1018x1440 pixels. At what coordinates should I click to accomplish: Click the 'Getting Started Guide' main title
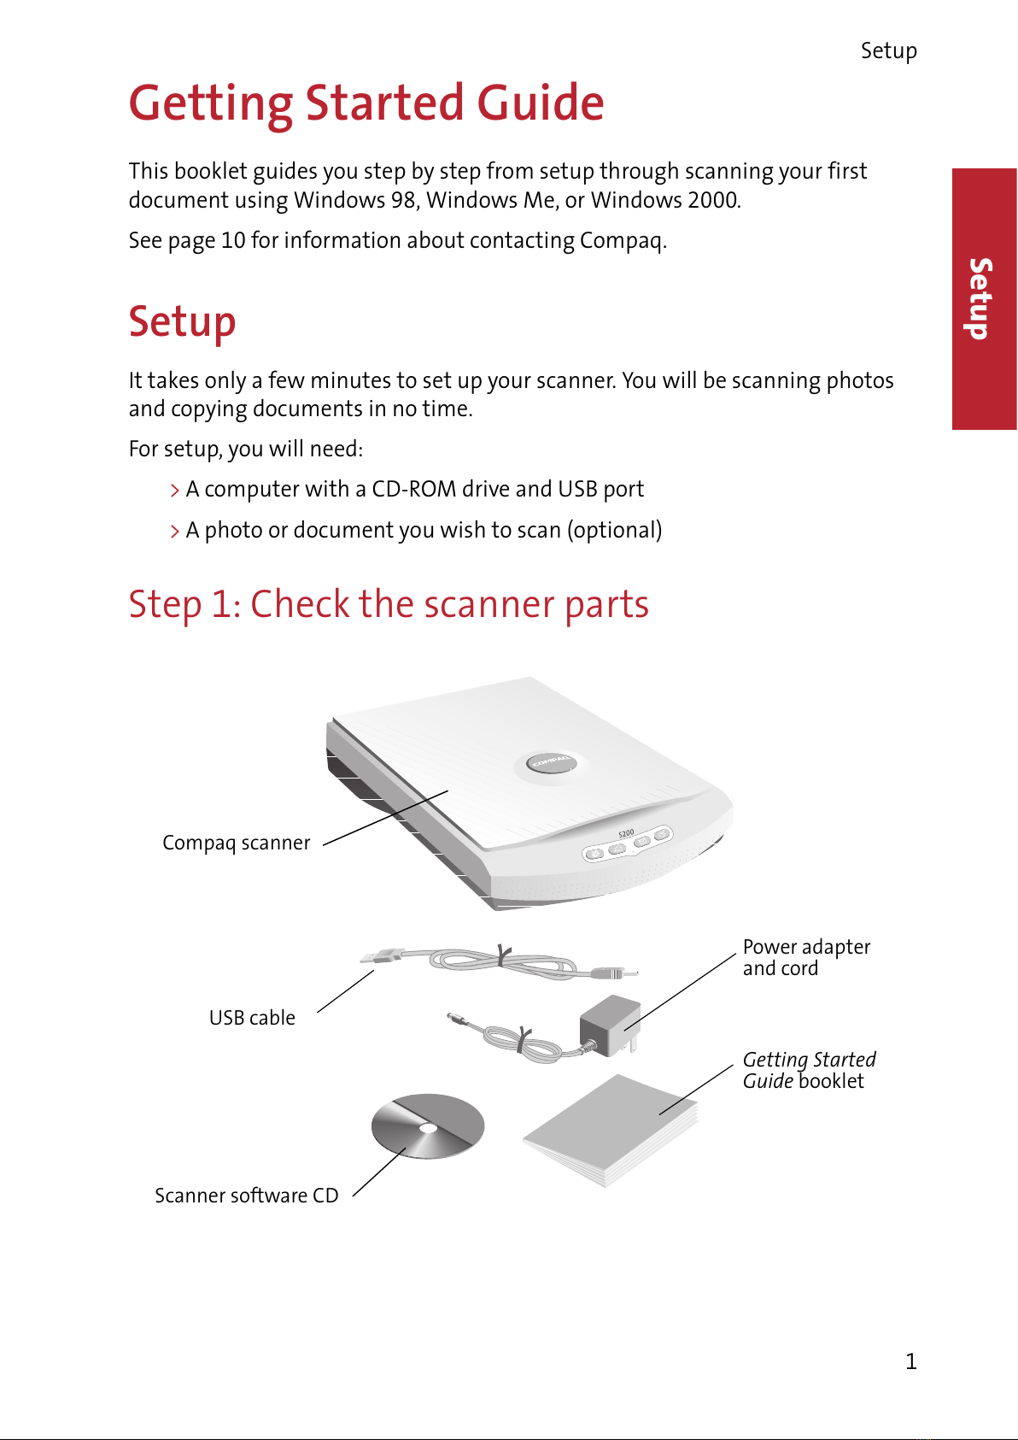(x=366, y=103)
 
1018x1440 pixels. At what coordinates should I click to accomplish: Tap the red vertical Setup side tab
(x=984, y=298)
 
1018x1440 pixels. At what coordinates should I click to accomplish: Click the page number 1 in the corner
(x=911, y=1361)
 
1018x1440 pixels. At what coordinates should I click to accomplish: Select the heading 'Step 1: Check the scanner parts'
(x=389, y=605)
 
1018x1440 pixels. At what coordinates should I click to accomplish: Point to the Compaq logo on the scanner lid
(x=551, y=762)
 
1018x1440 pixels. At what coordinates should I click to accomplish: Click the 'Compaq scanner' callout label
(x=236, y=843)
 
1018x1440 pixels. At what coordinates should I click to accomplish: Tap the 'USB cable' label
(x=252, y=1018)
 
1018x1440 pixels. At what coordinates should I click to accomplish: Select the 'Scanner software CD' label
(x=246, y=1196)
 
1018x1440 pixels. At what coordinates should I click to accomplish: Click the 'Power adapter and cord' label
(x=805, y=957)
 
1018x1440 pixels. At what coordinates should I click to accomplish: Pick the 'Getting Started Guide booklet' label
(x=808, y=1070)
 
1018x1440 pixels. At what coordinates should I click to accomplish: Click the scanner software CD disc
(x=427, y=1126)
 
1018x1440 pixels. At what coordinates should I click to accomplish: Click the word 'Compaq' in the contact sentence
(x=620, y=241)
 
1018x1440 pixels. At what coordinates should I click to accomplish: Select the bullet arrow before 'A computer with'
(x=174, y=490)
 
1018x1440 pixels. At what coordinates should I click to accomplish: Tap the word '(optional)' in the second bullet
(x=615, y=531)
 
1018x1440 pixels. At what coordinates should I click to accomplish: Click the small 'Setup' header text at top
(x=888, y=51)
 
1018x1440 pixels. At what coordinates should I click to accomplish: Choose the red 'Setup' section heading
(x=182, y=323)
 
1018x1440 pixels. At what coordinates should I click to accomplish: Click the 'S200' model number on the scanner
(x=626, y=832)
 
